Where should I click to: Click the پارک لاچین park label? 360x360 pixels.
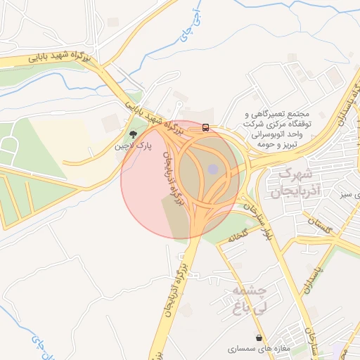pos(134,146)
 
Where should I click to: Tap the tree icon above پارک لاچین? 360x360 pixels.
pos(133,134)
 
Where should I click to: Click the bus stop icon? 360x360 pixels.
pos(205,127)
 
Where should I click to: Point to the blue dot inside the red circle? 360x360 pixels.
pos(213,169)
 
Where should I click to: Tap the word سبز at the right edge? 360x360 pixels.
pos(347,193)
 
